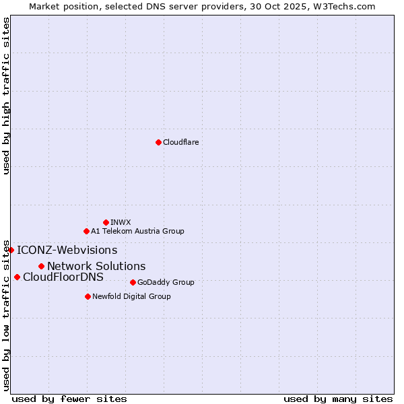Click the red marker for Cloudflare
point(158,142)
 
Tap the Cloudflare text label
point(180,142)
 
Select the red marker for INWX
point(106,222)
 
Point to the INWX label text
point(121,222)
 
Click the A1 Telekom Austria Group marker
point(86,231)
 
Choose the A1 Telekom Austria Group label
point(137,231)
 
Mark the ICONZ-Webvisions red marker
point(11,250)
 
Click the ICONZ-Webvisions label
point(67,250)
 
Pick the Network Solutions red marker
point(41,266)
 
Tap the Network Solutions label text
point(96,266)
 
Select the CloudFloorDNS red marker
point(17,277)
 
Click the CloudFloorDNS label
point(63,277)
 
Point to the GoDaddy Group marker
point(133,282)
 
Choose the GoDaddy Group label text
point(166,282)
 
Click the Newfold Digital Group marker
point(88,296)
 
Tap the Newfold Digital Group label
point(131,296)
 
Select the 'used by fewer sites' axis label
point(69,399)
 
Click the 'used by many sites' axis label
point(338,399)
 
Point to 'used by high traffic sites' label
point(7,96)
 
